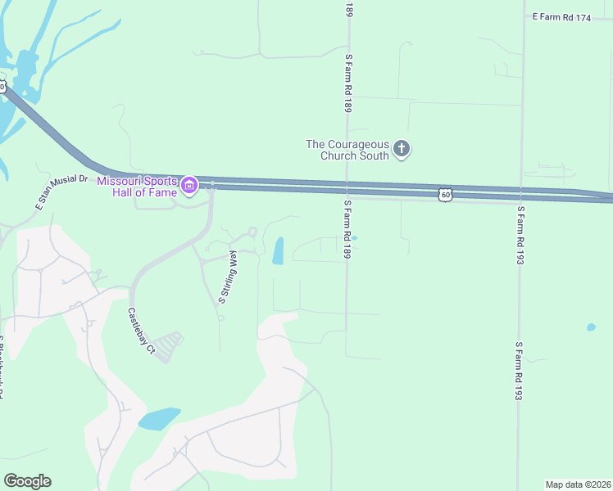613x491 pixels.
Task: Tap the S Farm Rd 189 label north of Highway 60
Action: tap(348, 83)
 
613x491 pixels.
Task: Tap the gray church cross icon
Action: tap(402, 149)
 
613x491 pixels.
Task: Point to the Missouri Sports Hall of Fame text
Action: tap(137, 186)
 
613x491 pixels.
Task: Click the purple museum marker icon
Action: tap(189, 186)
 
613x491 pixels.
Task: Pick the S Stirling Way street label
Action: tap(227, 277)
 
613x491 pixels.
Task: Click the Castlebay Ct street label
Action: tap(140, 330)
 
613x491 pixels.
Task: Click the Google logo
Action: tap(27, 481)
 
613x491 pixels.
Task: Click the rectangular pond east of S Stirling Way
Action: tap(278, 250)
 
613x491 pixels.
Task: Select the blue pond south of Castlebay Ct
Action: tap(159, 419)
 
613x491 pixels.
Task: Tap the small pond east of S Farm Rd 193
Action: tap(591, 327)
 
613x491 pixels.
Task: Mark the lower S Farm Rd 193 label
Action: tap(519, 372)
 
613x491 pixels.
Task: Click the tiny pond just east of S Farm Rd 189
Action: tap(355, 238)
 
